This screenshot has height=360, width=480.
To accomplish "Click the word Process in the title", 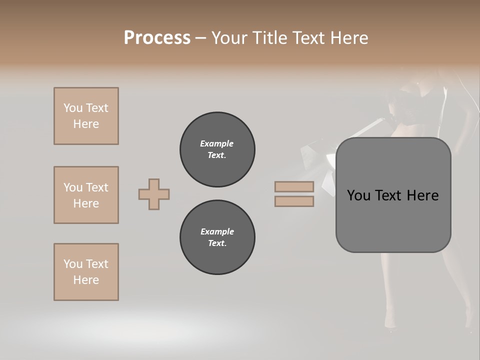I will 157,38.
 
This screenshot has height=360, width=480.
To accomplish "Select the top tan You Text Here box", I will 86,116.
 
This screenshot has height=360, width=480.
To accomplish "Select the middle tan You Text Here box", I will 86,195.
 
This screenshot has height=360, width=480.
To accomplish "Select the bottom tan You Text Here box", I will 86,272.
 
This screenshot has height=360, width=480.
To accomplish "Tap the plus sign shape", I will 154,194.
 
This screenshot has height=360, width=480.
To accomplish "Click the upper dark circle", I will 217,149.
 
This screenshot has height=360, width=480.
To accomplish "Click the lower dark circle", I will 217,237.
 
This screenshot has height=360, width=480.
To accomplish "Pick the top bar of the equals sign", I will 294,186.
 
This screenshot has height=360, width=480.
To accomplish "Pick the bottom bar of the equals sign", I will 294,201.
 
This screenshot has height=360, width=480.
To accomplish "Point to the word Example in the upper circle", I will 217,143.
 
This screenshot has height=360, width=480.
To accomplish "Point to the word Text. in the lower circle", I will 217,243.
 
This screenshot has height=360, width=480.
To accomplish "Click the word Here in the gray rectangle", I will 422,195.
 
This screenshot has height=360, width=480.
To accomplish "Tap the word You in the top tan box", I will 72,108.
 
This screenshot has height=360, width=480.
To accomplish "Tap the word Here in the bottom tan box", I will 86,280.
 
